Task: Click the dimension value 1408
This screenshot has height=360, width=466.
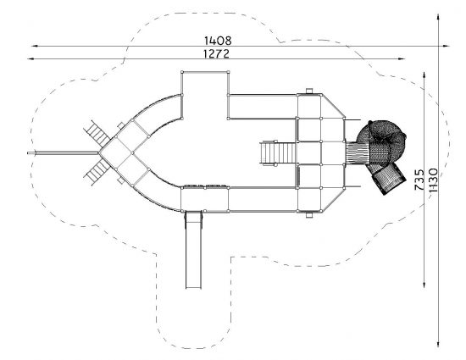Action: [218, 41]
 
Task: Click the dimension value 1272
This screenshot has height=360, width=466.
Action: [216, 53]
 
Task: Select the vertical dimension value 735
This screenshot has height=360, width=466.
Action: [419, 180]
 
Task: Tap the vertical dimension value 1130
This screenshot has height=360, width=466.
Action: [433, 180]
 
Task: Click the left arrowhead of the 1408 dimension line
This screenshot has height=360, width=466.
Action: [34, 46]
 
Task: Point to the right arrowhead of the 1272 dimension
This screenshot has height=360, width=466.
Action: [402, 58]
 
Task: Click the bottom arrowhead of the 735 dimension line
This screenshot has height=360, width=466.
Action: [424, 285]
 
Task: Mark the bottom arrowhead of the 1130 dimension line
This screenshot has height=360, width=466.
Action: [438, 344]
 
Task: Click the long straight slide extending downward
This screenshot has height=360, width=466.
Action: [193, 250]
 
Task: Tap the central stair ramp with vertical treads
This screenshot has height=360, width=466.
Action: [278, 153]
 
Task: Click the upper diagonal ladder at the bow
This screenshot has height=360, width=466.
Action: [97, 134]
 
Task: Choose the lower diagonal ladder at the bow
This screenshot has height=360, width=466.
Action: [97, 172]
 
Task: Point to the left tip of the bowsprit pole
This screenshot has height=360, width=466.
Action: [28, 153]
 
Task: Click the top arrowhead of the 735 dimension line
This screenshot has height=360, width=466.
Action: [424, 75]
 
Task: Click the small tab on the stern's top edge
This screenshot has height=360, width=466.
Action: [309, 91]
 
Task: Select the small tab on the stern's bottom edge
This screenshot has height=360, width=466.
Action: [309, 215]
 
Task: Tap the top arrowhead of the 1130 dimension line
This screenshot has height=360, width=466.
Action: [438, 17]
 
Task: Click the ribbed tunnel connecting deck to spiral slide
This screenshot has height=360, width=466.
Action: [357, 153]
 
